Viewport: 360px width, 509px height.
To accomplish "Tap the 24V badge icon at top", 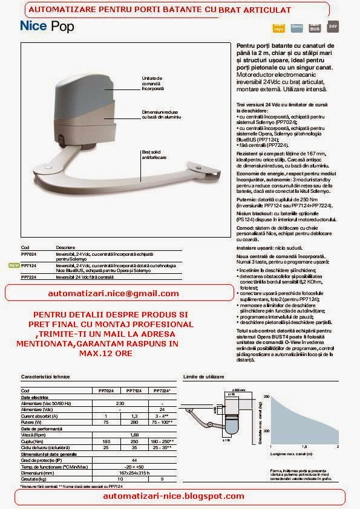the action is (332, 27).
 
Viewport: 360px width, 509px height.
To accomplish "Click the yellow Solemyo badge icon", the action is (278, 27).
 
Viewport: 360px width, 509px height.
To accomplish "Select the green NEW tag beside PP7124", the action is (13, 265).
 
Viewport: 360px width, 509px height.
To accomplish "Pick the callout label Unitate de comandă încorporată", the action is (154, 83).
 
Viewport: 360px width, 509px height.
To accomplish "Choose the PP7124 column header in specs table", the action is (134, 391).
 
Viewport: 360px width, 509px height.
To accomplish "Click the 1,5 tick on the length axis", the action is (316, 447).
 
